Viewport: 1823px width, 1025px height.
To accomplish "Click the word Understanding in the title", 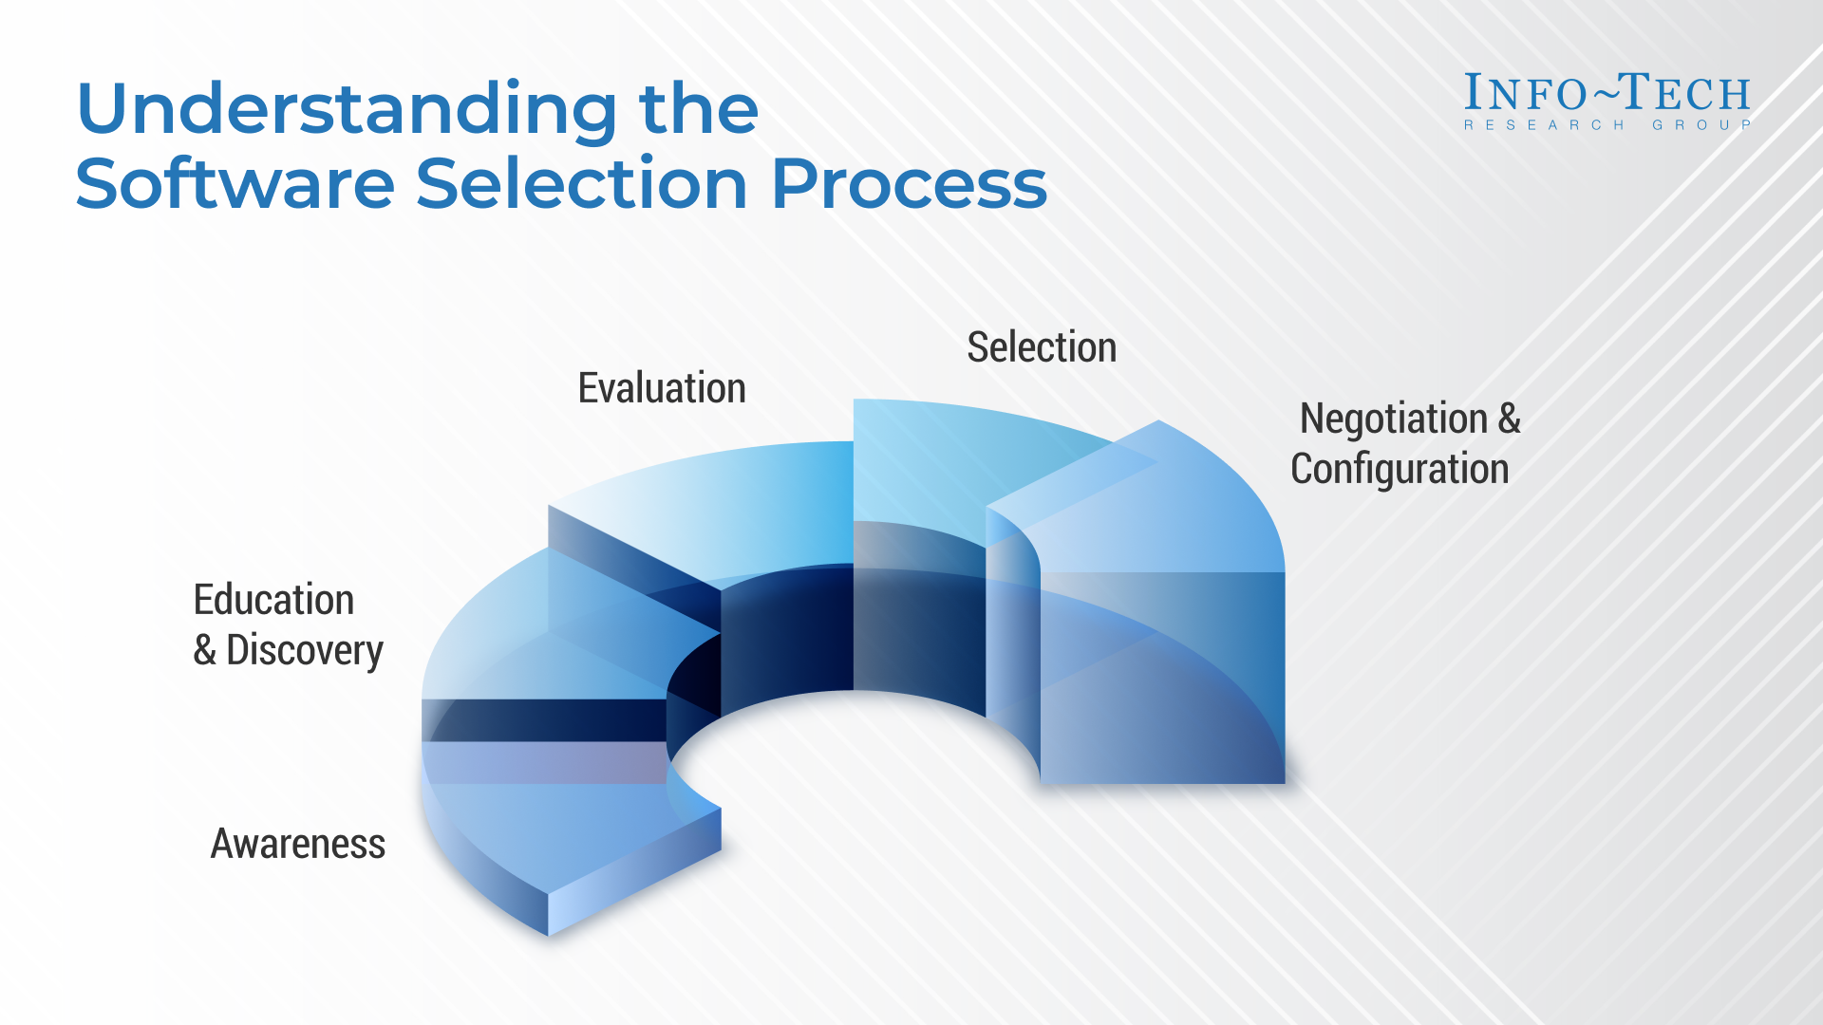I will [x=347, y=110].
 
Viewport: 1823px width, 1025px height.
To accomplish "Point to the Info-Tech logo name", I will [x=1607, y=93].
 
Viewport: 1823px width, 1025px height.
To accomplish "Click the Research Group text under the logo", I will [x=1607, y=125].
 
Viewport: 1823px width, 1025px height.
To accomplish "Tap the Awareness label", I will [x=297, y=844].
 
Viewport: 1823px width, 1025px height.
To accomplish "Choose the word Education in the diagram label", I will [x=273, y=600].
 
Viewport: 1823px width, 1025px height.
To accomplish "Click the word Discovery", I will [x=304, y=651].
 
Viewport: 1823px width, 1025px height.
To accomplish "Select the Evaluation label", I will [x=662, y=388].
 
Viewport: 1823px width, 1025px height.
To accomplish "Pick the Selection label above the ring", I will [x=1042, y=347].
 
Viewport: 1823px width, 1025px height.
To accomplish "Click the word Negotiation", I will [x=1393, y=419].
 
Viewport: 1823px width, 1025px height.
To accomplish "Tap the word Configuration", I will [x=1400, y=469].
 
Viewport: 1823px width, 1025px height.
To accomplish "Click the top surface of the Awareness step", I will [x=560, y=826].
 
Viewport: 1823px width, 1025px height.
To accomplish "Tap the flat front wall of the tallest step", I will [x=1163, y=679].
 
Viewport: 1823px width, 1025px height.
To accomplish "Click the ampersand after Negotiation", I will [x=1509, y=419].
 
